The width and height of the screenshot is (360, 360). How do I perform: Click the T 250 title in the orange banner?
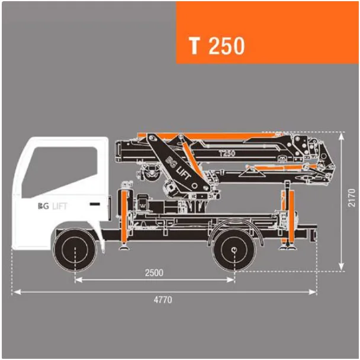click(217, 46)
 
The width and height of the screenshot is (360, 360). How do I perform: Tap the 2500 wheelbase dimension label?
click(154, 272)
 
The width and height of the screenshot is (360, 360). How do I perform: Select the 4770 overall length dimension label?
click(163, 300)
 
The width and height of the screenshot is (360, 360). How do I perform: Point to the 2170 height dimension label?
click(352, 198)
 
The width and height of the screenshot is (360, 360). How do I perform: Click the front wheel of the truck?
click(75, 249)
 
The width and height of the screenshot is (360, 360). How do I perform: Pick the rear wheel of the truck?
click(234, 249)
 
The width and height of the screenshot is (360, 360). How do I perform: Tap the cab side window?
click(60, 172)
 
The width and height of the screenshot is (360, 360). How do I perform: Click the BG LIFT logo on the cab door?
click(53, 206)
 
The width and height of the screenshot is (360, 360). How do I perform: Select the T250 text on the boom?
click(227, 153)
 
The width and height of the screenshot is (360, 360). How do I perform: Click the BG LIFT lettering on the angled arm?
click(178, 168)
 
